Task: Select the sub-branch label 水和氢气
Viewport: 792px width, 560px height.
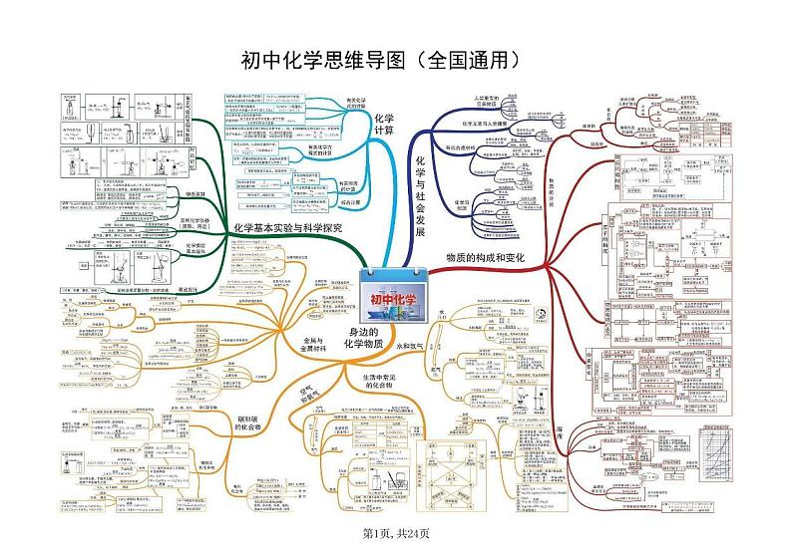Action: [411, 346]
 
